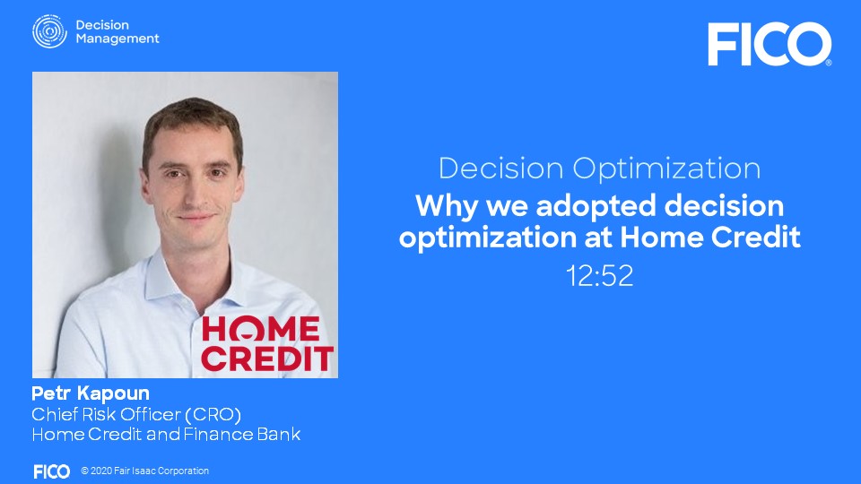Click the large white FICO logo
click(x=770, y=44)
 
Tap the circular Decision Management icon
click(x=49, y=31)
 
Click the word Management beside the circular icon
click(x=117, y=39)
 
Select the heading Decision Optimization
click(x=599, y=169)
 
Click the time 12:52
click(x=599, y=275)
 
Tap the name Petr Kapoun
click(x=91, y=393)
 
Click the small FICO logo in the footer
click(x=52, y=471)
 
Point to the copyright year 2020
click(x=101, y=471)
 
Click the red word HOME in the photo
click(x=261, y=329)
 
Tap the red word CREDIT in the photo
click(x=267, y=359)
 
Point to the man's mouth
click(x=196, y=218)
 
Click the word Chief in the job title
click(x=46, y=414)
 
